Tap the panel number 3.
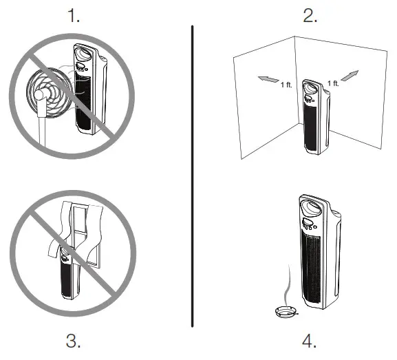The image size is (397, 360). pos(74,341)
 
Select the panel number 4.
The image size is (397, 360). pos(310,341)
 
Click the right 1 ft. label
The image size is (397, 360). pos(332,83)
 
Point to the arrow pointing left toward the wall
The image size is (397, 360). pos(268,80)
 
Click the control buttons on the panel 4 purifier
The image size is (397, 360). pos(308,224)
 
